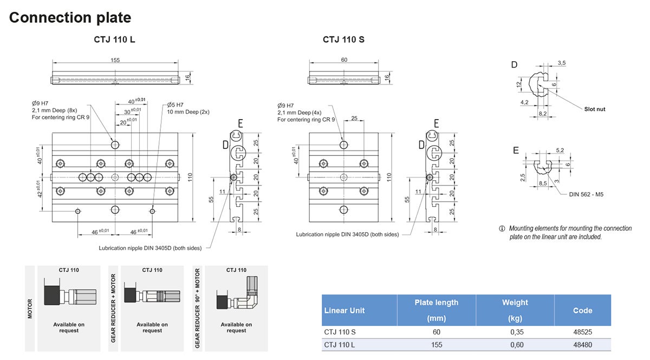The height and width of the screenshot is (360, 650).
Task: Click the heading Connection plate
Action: pyautogui.click(x=70, y=17)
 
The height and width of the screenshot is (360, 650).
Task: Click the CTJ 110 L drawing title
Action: pyautogui.click(x=114, y=40)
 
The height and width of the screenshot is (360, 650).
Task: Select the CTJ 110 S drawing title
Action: pyautogui.click(x=343, y=40)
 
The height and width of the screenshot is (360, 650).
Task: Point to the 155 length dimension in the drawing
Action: pyautogui.click(x=115, y=60)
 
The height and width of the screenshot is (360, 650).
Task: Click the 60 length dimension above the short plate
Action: pyautogui.click(x=344, y=60)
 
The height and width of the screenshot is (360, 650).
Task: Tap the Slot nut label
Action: pyautogui.click(x=595, y=109)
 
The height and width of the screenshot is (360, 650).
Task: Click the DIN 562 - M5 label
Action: pyautogui.click(x=586, y=194)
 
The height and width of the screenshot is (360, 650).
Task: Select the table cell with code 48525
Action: pyautogui.click(x=582, y=332)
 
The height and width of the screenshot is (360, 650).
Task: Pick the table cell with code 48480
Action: pyautogui.click(x=582, y=345)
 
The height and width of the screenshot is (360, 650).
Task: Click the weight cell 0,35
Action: pyautogui.click(x=515, y=332)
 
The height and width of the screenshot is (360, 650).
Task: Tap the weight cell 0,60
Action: pyautogui.click(x=515, y=345)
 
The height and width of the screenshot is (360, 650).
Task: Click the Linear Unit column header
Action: pyautogui.click(x=344, y=311)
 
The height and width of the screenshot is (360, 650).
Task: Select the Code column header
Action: pyautogui.click(x=582, y=311)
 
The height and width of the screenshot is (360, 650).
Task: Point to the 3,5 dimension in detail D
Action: pyautogui.click(x=561, y=63)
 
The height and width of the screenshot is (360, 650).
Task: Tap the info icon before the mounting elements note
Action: pyautogui.click(x=502, y=228)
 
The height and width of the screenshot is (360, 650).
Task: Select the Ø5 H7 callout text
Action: pyautogui.click(x=175, y=104)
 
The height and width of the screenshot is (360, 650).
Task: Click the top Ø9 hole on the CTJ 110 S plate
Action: pyautogui.click(x=344, y=145)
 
